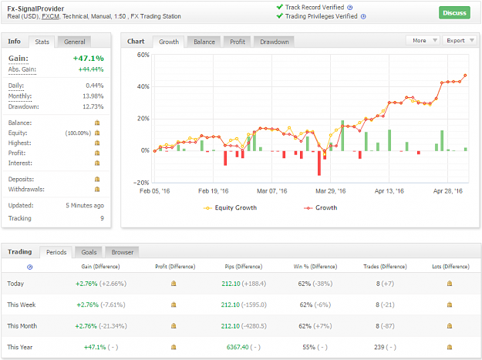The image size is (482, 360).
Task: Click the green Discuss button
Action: (x=454, y=13)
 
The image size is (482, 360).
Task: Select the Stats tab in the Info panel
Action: (x=42, y=42)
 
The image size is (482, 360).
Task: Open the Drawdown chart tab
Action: (x=275, y=42)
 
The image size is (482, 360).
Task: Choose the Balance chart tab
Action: (x=204, y=42)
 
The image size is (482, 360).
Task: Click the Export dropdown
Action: (x=460, y=41)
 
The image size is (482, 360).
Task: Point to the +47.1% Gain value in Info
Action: (x=88, y=59)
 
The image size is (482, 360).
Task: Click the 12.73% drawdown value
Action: (x=93, y=106)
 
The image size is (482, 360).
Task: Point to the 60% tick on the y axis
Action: (x=143, y=55)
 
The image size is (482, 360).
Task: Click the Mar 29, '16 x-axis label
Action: (x=330, y=191)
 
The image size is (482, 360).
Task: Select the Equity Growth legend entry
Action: (x=230, y=208)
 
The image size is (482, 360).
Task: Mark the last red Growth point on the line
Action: (x=465, y=76)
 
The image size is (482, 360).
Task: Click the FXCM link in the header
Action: (x=50, y=17)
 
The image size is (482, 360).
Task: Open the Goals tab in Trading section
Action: (x=89, y=252)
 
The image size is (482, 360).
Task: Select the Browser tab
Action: (x=123, y=252)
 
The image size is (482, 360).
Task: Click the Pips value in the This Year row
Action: (x=238, y=347)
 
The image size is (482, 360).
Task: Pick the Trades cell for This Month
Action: (x=385, y=326)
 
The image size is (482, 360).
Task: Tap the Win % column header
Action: (x=315, y=267)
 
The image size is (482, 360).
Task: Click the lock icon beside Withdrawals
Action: (x=97, y=189)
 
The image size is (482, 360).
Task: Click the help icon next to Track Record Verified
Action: (x=350, y=8)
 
